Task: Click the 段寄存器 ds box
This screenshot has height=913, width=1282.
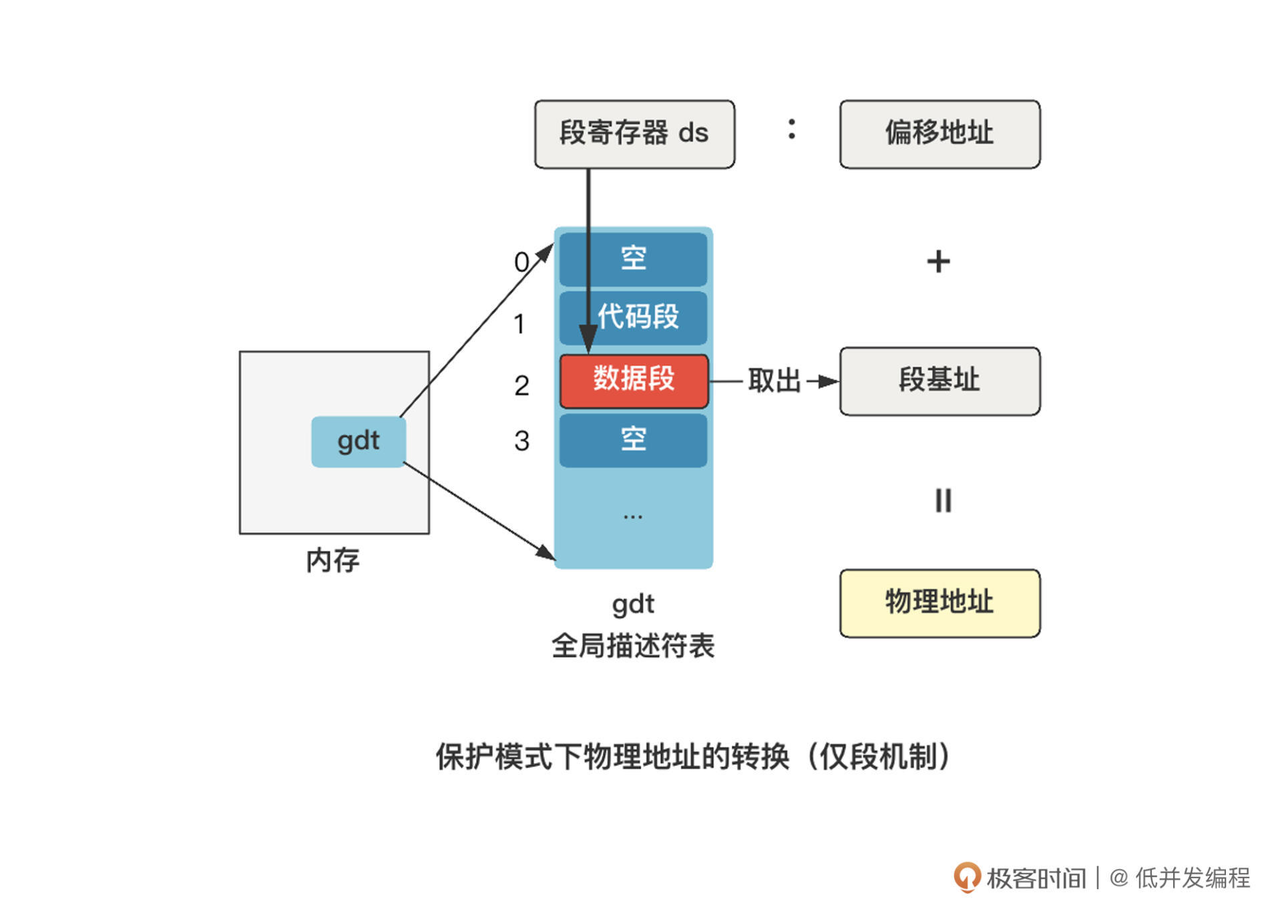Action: pos(634,134)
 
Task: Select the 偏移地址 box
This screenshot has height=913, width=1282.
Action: pos(939,134)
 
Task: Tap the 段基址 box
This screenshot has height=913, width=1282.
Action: pos(939,381)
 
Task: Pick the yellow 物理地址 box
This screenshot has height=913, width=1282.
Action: pos(939,602)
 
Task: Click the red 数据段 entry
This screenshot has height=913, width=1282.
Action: pos(634,381)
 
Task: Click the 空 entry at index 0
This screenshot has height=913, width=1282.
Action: pos(634,258)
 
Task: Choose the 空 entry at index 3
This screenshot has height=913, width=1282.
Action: pos(634,440)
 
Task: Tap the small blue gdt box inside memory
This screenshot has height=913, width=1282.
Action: pos(359,441)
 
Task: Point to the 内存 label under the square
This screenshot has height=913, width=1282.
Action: pos(333,560)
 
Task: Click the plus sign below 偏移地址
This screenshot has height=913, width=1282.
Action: pos(938,261)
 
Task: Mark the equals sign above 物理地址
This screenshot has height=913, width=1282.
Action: pos(943,500)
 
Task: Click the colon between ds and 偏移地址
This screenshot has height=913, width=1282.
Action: pos(791,129)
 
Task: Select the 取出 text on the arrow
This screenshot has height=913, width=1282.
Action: pos(774,381)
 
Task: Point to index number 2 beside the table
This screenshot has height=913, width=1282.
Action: pos(521,386)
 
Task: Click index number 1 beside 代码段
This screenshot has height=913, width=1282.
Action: pos(519,325)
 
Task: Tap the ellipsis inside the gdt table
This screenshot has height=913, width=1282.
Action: pos(632,516)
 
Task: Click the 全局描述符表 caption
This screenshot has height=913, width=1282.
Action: pos(633,646)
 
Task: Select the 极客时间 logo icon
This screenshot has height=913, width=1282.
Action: pos(966,877)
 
